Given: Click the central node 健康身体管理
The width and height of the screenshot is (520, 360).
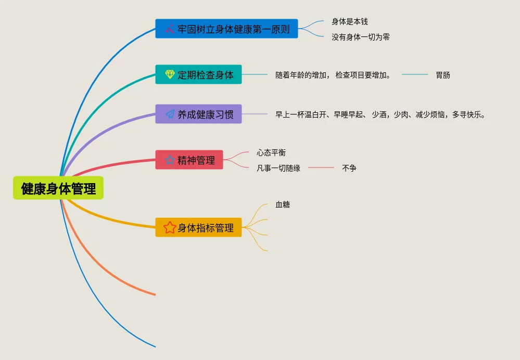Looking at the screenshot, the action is pyautogui.click(x=58, y=188).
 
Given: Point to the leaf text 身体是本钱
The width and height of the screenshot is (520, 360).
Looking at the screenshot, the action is pyautogui.click(x=350, y=22).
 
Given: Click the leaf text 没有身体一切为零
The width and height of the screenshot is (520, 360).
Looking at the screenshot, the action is pyautogui.click(x=361, y=37).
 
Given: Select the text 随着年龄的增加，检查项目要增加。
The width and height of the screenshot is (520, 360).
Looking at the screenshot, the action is pyautogui.click(x=334, y=75).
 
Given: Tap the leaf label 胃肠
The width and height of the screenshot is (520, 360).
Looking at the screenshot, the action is pyautogui.click(x=443, y=75).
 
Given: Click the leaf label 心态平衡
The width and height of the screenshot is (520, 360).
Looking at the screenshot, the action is pyautogui.click(x=271, y=152).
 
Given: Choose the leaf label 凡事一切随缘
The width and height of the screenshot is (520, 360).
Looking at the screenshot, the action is pyautogui.click(x=278, y=168).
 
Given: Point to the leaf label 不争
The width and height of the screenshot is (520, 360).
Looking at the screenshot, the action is pyautogui.click(x=349, y=168).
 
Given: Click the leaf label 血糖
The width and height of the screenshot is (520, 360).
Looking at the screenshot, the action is pyautogui.click(x=283, y=204).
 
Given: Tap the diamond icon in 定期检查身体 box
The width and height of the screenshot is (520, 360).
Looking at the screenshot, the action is pyautogui.click(x=170, y=74).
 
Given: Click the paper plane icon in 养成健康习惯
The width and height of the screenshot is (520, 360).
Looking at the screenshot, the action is pyautogui.click(x=170, y=114).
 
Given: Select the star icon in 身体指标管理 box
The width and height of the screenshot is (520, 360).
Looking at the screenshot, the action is pyautogui.click(x=170, y=227).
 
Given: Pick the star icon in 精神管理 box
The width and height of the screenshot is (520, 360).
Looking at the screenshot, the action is pyautogui.click(x=170, y=160).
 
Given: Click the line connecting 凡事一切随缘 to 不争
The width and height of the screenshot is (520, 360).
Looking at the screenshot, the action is pyautogui.click(x=321, y=168).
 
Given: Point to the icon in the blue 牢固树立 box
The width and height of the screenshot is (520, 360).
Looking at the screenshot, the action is pyautogui.click(x=170, y=29).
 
